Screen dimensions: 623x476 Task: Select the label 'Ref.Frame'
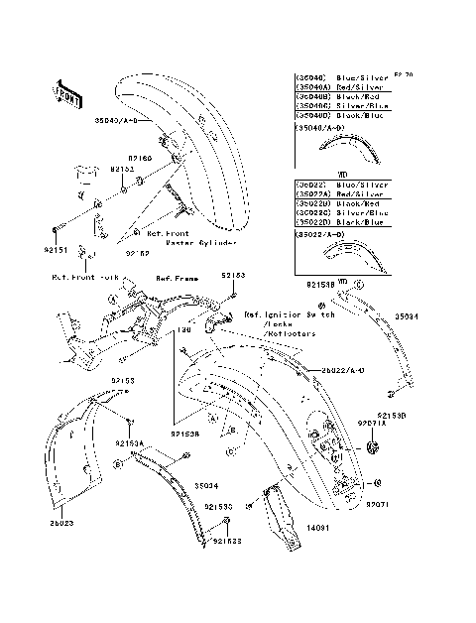click(178, 281)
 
